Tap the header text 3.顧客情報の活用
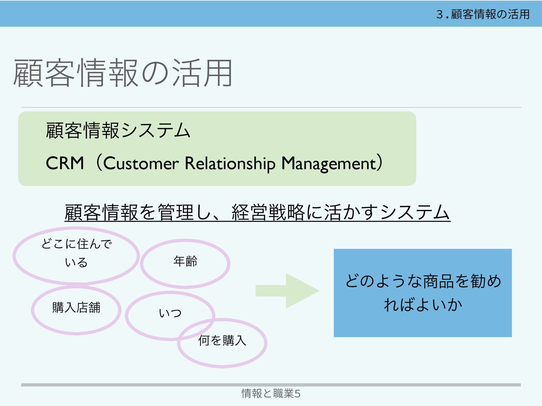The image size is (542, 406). point(483,14)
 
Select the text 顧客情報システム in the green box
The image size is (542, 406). point(118,131)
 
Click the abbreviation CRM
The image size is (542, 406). point(65,163)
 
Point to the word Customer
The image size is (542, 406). point(141,164)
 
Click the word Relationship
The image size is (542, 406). point(230,164)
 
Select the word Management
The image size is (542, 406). point(329,164)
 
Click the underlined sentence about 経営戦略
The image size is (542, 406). point(257,212)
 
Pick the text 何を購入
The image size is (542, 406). point(222,340)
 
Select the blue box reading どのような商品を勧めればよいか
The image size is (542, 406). point(423,293)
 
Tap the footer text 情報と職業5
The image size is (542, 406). point(271,393)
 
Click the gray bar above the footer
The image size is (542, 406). point(271,385)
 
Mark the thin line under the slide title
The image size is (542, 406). point(271,107)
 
